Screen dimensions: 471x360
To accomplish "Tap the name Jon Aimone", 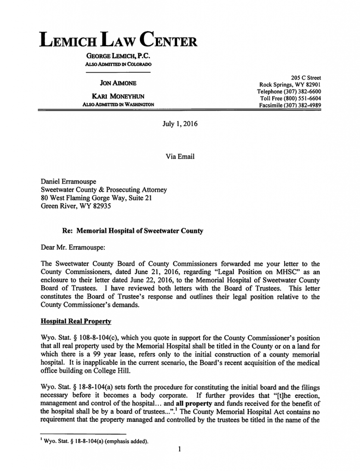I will [x=118, y=83].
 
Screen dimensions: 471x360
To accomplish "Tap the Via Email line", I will [x=180, y=156].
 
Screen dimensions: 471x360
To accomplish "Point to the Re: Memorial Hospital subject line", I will [x=132, y=231].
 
